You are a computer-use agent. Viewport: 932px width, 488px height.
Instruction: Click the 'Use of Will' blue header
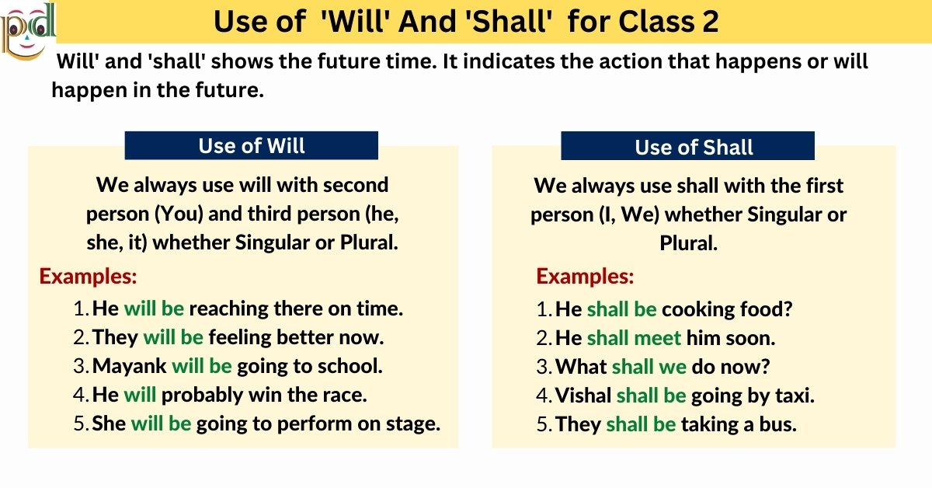pyautogui.click(x=252, y=145)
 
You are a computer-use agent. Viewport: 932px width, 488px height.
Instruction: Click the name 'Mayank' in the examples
pyautogui.click(x=129, y=366)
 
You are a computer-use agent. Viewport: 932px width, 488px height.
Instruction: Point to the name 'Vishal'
pyautogui.click(x=582, y=396)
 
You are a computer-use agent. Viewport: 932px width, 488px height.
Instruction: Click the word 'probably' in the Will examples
pyautogui.click(x=201, y=395)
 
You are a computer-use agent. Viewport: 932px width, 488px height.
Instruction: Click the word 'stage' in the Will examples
pyautogui.click(x=413, y=424)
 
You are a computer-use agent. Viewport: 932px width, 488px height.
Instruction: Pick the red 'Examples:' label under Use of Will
pyautogui.click(x=88, y=276)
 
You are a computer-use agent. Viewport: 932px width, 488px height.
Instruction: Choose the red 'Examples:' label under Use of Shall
pyautogui.click(x=585, y=276)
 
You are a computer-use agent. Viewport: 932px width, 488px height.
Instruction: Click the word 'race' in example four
pyautogui.click(x=345, y=395)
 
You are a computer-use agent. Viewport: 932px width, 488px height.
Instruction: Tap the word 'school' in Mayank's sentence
pyautogui.click(x=348, y=366)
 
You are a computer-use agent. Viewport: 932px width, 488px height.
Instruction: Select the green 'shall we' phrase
pyautogui.click(x=649, y=366)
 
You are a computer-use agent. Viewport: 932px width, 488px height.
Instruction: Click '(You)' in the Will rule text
pyautogui.click(x=176, y=214)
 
